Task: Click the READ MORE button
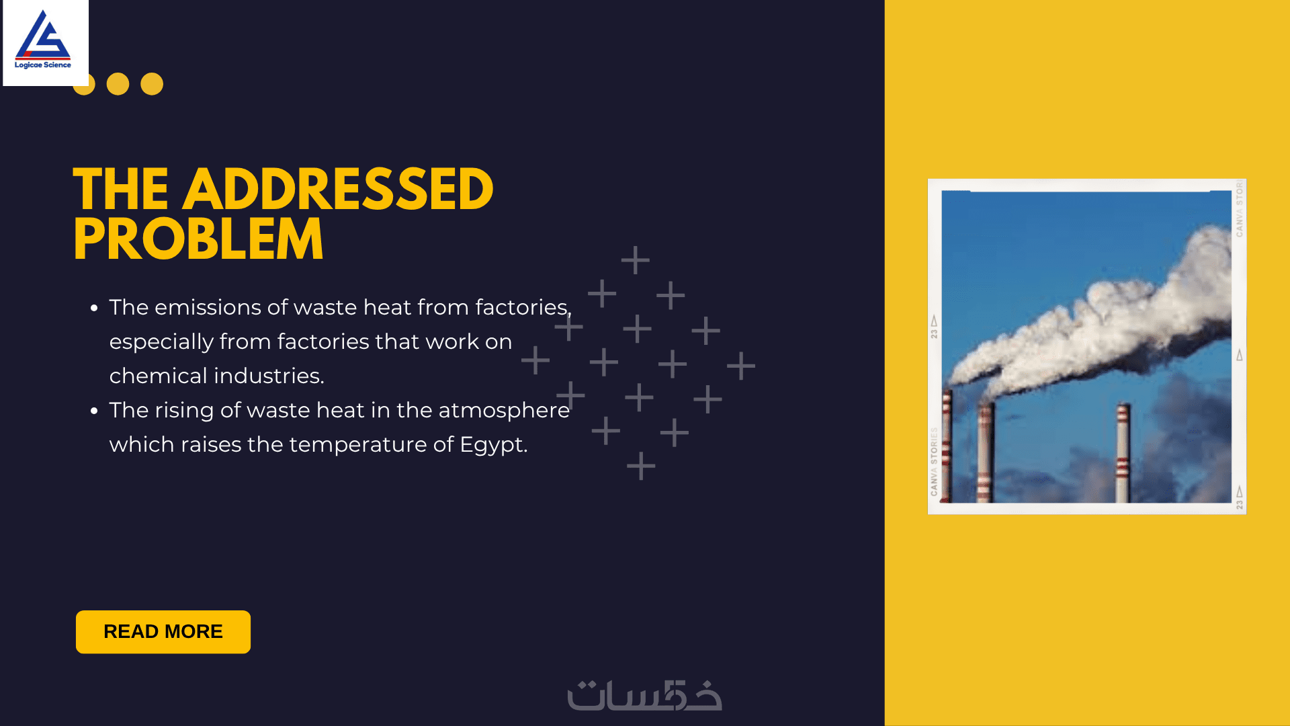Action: [x=163, y=632]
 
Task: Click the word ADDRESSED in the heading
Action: [x=338, y=190]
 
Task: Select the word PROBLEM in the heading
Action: [x=198, y=240]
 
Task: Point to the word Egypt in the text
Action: [x=493, y=446]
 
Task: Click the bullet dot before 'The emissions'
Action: [x=94, y=308]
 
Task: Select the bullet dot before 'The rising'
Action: [x=94, y=411]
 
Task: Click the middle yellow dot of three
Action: [x=118, y=84]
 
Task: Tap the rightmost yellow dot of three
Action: [x=152, y=84]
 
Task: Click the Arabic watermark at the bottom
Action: [x=645, y=695]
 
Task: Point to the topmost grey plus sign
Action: [x=636, y=260]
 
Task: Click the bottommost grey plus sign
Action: [x=641, y=466]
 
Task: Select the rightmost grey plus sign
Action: [x=741, y=366]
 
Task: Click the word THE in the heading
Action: [x=121, y=190]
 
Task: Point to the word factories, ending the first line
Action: [x=523, y=308]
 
